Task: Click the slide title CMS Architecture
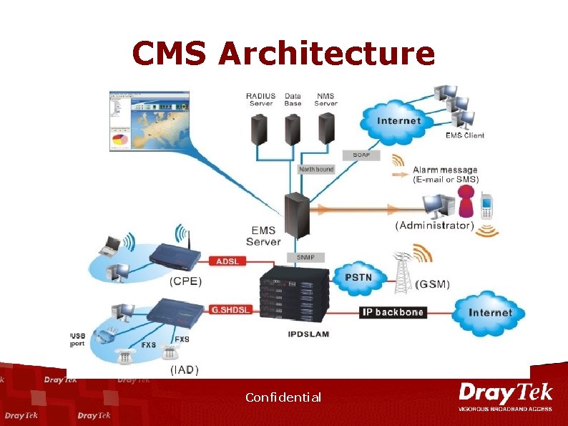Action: tap(283, 53)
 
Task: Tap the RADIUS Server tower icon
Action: tap(258, 130)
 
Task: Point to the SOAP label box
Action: tap(361, 155)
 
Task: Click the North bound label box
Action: tap(315, 170)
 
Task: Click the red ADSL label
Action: tap(229, 261)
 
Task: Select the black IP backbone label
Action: tap(392, 312)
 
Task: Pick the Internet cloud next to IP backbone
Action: tap(490, 312)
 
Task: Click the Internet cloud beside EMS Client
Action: tap(398, 120)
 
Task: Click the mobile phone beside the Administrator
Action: tap(486, 205)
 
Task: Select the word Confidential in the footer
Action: tap(283, 397)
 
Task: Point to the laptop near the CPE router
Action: tap(111, 245)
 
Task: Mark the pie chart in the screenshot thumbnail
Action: tap(119, 137)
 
